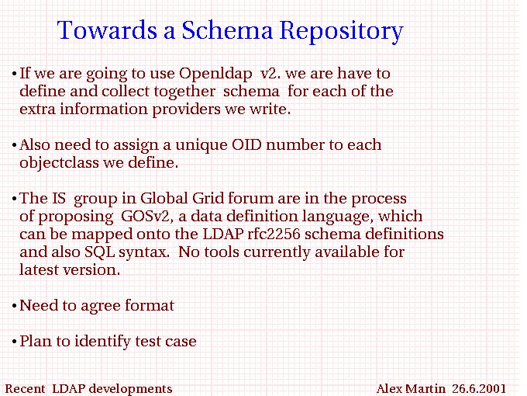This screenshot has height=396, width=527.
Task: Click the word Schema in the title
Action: [227, 30]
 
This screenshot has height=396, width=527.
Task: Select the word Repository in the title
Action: [342, 32]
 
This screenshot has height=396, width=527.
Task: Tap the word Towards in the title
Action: [107, 30]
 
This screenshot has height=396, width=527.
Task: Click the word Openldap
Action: [215, 74]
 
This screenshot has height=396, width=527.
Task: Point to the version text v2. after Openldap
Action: [270, 74]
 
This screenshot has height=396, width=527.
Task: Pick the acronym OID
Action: [246, 144]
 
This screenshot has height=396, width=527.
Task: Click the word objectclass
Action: [59, 162]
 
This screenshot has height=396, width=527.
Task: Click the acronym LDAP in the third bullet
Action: [223, 234]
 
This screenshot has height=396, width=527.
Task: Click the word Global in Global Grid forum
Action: [164, 198]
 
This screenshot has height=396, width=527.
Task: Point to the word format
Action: [150, 305]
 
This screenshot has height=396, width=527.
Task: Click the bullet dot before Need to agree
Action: [14, 307]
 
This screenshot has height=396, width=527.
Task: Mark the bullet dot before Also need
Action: [14, 146]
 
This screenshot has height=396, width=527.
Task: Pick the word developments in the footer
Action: [131, 389]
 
